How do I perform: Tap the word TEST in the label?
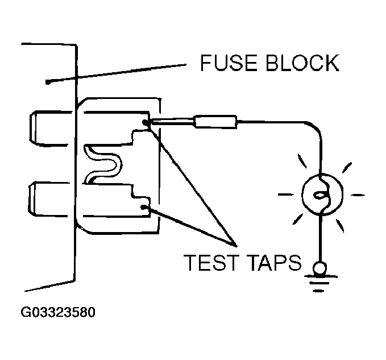click(x=211, y=263)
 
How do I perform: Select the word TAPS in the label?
click(x=275, y=263)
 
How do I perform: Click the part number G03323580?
click(x=58, y=312)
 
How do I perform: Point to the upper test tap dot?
click(x=145, y=122)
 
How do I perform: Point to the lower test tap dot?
click(x=143, y=207)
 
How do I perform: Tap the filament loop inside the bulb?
click(x=321, y=195)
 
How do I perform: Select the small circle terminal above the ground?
click(x=320, y=268)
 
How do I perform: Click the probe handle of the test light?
click(x=215, y=122)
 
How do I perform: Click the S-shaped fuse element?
click(x=103, y=164)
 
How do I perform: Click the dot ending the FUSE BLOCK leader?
click(x=48, y=82)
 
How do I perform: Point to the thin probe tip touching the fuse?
click(x=172, y=121)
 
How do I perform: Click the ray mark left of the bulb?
click(x=286, y=195)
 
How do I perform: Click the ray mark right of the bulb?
click(x=358, y=195)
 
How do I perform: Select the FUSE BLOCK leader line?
click(x=117, y=73)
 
